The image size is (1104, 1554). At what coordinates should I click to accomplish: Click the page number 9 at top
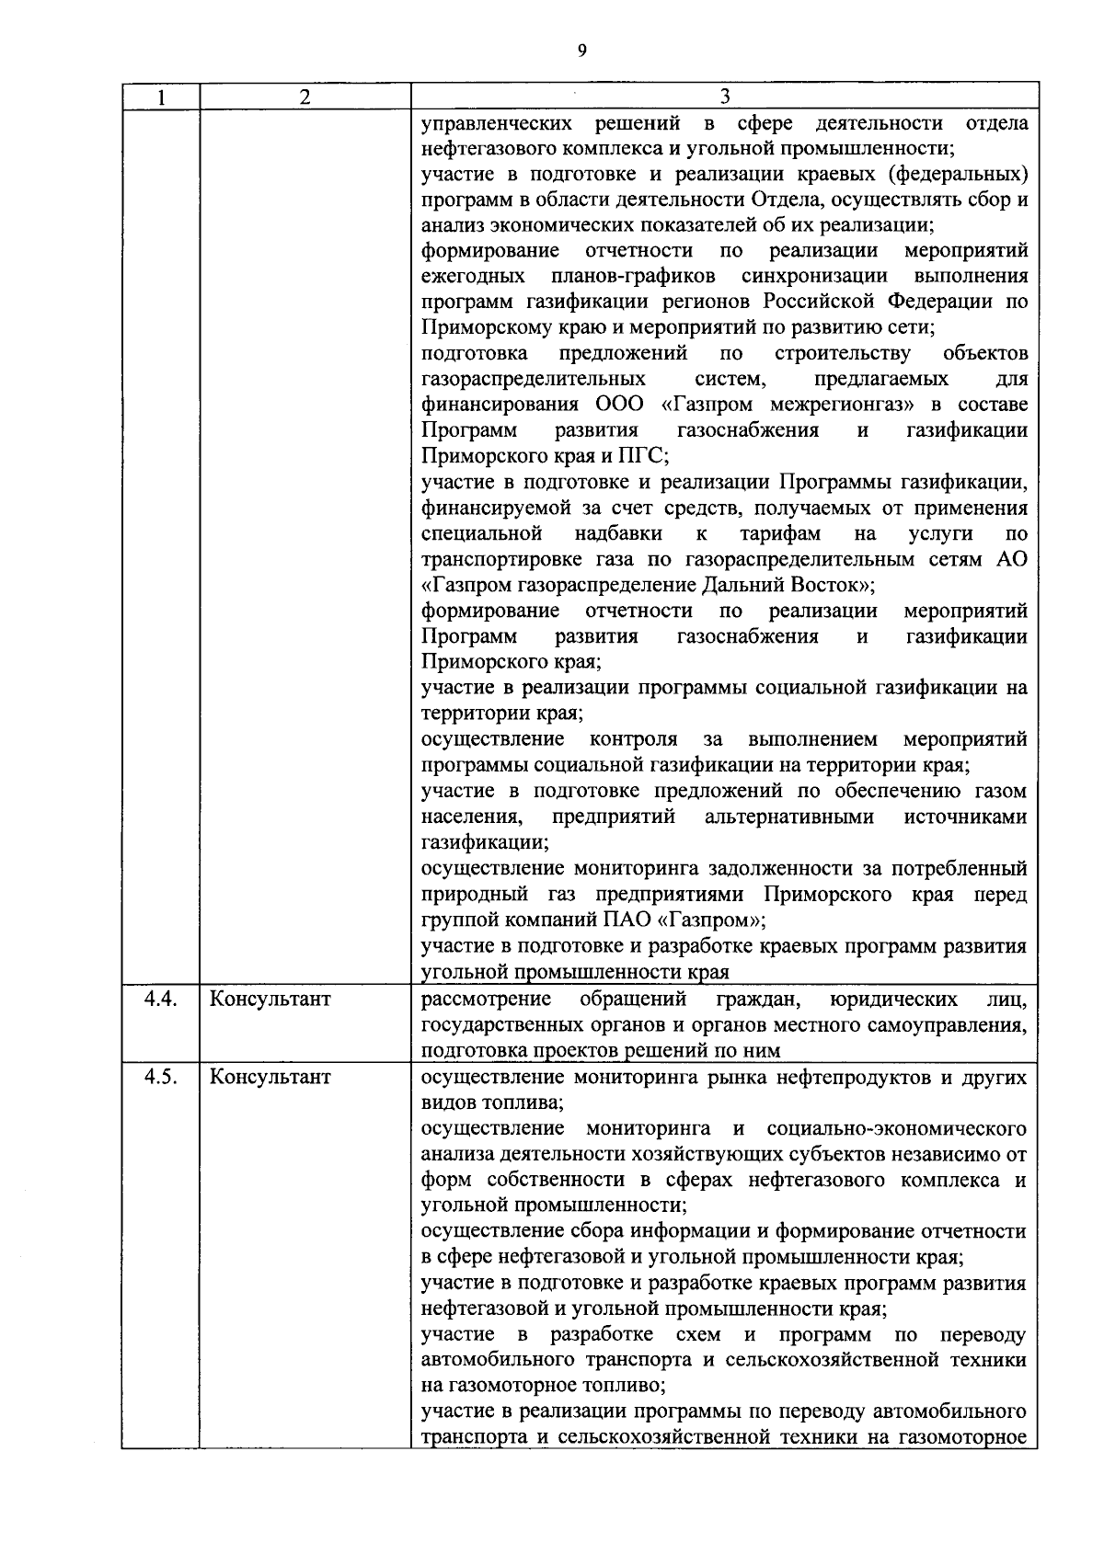(x=581, y=51)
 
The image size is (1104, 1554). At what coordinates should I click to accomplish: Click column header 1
(x=160, y=97)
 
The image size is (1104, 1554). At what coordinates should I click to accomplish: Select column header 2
(x=305, y=97)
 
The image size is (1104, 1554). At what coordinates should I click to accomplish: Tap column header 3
(x=724, y=97)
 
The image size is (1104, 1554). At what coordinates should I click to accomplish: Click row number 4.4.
(x=160, y=1000)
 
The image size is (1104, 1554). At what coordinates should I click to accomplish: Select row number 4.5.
(x=160, y=1077)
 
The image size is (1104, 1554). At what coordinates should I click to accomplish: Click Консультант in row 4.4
(x=270, y=1000)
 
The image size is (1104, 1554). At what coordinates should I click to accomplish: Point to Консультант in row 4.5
(x=270, y=1077)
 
